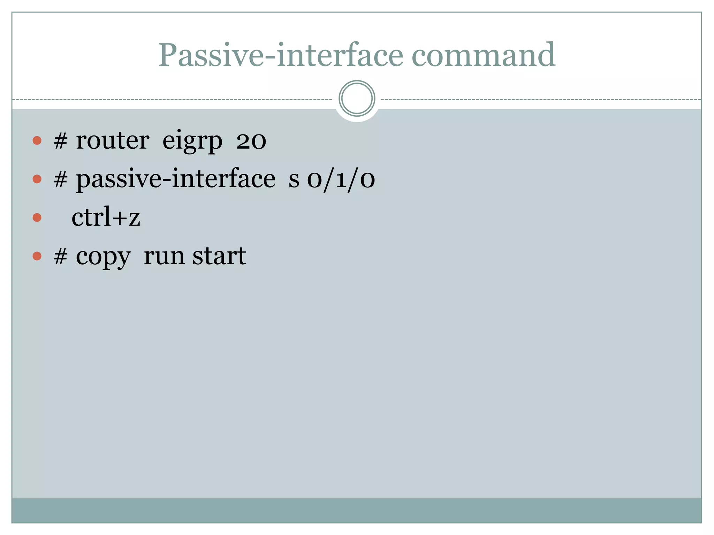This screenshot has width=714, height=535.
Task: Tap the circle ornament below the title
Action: (x=357, y=99)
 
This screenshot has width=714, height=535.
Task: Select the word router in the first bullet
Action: (x=113, y=141)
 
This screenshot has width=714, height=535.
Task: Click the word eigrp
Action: (x=192, y=141)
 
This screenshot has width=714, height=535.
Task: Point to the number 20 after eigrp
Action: (x=251, y=141)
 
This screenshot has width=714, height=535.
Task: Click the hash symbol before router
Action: (x=60, y=141)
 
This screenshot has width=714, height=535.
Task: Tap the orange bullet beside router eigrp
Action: (x=37, y=141)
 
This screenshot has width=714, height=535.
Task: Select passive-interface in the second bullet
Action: (x=176, y=179)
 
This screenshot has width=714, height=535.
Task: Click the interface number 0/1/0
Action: (x=341, y=180)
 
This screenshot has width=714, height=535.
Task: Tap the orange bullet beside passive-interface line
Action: (x=37, y=179)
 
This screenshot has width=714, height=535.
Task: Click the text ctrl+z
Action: (x=106, y=217)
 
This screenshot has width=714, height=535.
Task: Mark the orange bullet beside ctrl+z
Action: (x=37, y=218)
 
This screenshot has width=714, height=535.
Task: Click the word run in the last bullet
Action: (x=164, y=257)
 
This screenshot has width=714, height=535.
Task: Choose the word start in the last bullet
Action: (x=219, y=256)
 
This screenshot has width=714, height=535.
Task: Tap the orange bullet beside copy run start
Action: (x=37, y=256)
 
